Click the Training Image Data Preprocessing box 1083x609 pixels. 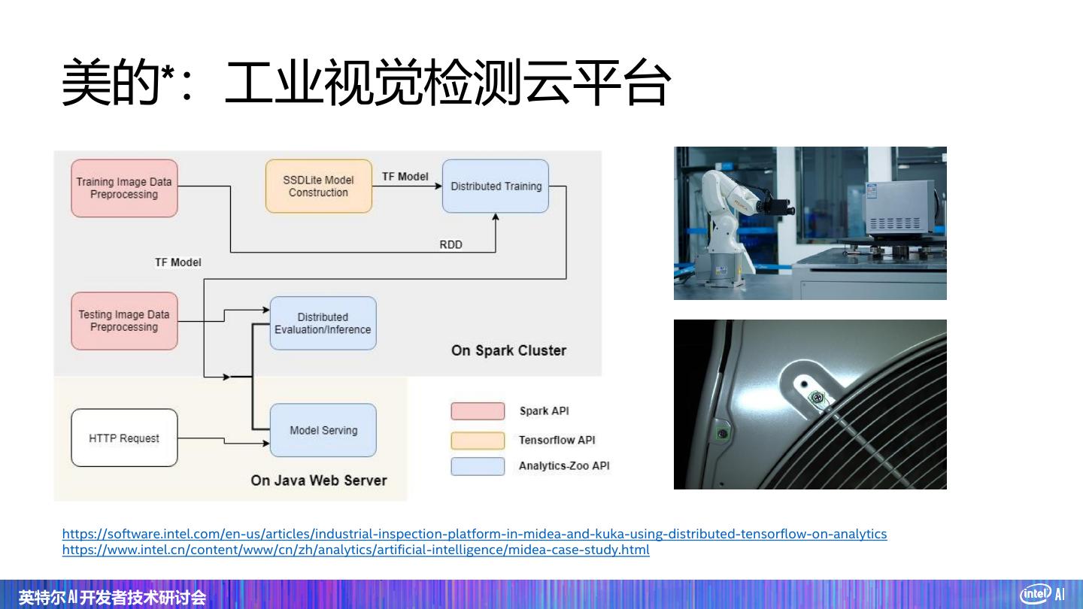click(x=124, y=188)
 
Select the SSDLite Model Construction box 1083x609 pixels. click(x=318, y=186)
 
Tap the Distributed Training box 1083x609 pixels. click(x=496, y=186)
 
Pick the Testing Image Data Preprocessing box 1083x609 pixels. click(x=124, y=321)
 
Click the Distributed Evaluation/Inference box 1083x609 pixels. click(x=323, y=323)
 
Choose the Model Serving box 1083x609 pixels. click(x=323, y=430)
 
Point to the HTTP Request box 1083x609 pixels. click(x=124, y=438)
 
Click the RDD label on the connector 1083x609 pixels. click(x=450, y=244)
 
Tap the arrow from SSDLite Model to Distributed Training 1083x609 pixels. click(x=406, y=186)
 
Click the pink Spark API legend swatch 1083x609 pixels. click(x=478, y=411)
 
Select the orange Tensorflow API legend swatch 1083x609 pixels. click(x=478, y=440)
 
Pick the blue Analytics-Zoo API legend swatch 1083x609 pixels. click(x=478, y=466)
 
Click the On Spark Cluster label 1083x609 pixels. click(x=508, y=350)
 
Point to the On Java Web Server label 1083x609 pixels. click(x=319, y=480)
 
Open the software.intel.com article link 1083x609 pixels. click(x=474, y=534)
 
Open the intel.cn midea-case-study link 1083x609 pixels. click(x=355, y=550)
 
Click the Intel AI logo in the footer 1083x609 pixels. click(x=1042, y=594)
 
